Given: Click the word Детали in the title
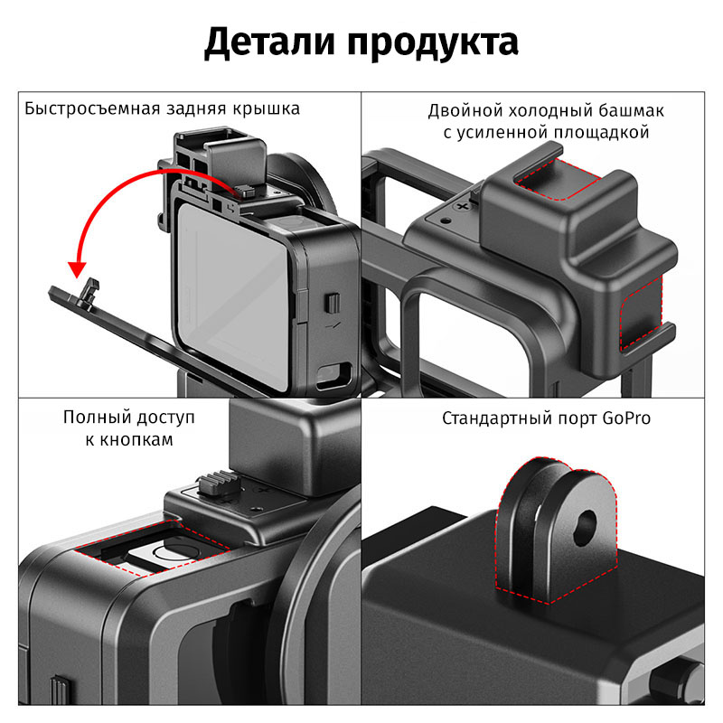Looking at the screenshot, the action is (x=269, y=42).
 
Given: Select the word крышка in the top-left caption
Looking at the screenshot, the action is (x=266, y=108).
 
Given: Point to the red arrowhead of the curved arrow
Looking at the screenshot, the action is (x=78, y=269).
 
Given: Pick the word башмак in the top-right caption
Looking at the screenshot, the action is (x=631, y=110).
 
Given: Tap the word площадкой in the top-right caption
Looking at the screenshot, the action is (x=601, y=133).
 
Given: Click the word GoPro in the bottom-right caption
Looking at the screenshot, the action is (x=626, y=418).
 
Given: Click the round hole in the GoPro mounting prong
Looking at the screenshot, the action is (x=585, y=528).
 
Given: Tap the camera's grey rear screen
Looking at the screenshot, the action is (x=233, y=296).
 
